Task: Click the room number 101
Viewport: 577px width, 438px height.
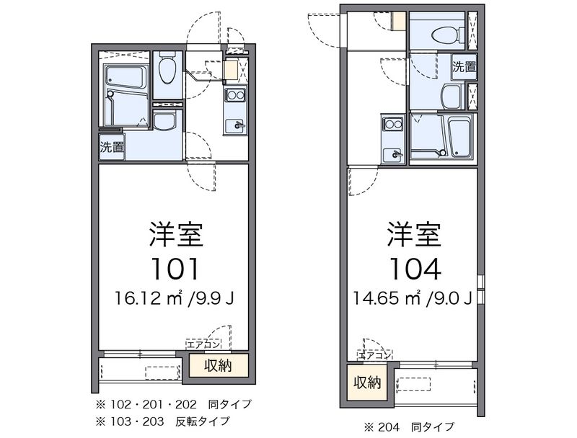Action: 175,269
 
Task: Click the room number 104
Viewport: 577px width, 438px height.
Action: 415,269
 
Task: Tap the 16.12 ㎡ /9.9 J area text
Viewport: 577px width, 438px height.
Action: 174,298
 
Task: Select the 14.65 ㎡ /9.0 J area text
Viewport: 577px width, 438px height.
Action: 413,298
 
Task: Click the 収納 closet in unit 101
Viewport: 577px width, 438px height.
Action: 219,365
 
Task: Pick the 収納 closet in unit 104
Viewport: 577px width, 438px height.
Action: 367,383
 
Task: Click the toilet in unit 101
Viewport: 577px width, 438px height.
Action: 167,70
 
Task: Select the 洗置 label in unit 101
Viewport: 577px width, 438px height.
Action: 112,147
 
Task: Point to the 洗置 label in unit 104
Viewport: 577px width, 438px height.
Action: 464,67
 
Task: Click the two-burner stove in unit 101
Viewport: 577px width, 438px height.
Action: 236,95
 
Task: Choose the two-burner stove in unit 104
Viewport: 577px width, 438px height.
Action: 392,123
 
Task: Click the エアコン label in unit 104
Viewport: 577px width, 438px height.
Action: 374,355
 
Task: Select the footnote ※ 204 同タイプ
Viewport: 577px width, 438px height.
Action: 409,427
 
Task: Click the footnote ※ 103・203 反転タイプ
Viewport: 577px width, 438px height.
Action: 163,421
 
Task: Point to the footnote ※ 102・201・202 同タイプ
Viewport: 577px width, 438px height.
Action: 174,405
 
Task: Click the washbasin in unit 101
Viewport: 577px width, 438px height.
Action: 164,121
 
